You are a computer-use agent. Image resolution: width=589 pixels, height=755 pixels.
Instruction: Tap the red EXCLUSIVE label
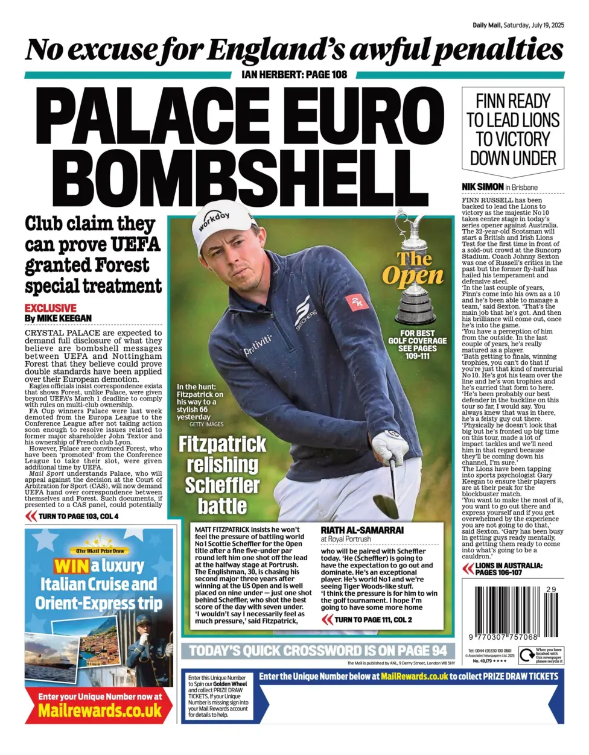click(51, 308)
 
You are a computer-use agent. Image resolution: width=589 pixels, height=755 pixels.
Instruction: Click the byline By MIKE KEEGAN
click(59, 318)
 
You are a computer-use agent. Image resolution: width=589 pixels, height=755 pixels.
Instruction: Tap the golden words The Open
click(413, 268)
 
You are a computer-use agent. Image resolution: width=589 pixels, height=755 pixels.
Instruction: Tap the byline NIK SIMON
click(482, 187)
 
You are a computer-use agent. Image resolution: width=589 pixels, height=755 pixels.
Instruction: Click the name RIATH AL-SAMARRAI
click(362, 530)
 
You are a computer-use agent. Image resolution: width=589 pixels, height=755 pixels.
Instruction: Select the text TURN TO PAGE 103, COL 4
click(78, 516)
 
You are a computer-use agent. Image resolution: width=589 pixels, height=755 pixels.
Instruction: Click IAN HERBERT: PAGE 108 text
click(294, 74)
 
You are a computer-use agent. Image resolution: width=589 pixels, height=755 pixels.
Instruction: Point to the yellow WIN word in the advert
click(71, 566)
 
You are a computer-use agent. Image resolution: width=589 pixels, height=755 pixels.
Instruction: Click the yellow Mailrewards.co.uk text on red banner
click(100, 710)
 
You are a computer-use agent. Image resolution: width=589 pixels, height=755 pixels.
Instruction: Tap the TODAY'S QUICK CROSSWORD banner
click(318, 651)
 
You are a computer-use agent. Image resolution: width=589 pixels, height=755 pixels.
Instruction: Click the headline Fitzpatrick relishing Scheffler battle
click(222, 475)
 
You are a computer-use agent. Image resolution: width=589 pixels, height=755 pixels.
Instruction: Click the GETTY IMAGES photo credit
click(206, 425)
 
